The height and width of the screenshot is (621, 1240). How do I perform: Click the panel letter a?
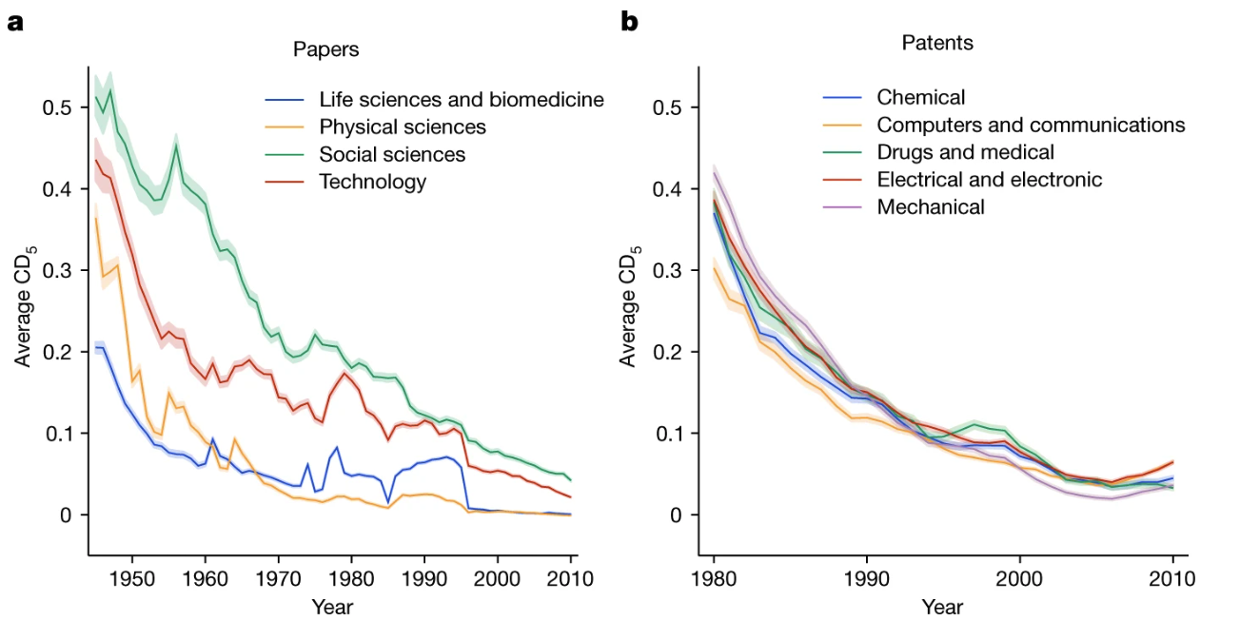(x=14, y=21)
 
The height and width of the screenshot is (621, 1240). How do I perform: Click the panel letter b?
(x=629, y=20)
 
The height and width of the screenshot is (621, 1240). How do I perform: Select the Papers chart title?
(x=326, y=49)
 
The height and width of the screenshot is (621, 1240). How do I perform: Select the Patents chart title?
(x=937, y=43)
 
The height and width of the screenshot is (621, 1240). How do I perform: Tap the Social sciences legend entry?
(x=392, y=154)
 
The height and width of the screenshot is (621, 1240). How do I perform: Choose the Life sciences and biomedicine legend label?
(x=462, y=99)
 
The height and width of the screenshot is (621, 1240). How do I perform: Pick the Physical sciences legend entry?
(x=403, y=126)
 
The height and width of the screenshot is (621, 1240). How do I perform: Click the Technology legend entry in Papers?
(x=373, y=182)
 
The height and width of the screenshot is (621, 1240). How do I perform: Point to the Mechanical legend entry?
(x=931, y=206)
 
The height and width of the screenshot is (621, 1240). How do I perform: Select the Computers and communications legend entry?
(x=1031, y=125)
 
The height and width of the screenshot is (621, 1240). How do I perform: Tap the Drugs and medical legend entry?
(x=965, y=152)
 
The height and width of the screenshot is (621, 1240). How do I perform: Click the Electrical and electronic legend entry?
(x=990, y=179)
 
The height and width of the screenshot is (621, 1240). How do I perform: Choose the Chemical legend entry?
(x=920, y=97)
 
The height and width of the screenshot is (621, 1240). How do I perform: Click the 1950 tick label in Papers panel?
(x=131, y=578)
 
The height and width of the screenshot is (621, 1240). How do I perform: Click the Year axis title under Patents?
(x=942, y=607)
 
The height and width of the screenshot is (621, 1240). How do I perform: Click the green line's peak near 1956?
(x=176, y=146)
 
